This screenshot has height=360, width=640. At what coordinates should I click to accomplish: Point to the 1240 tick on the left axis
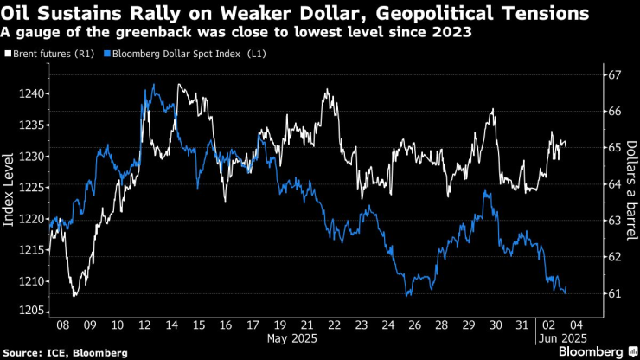(34, 93)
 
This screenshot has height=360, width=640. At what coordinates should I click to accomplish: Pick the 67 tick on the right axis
(614, 75)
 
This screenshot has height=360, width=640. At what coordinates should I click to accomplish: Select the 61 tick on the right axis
(614, 294)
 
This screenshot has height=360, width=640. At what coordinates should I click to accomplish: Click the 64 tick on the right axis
(614, 184)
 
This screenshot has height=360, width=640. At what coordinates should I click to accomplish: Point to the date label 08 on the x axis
(63, 325)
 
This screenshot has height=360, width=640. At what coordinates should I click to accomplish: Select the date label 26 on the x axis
(415, 325)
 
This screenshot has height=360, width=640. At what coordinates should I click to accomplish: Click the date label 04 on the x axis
(575, 325)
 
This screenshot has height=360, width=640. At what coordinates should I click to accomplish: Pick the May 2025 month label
(291, 337)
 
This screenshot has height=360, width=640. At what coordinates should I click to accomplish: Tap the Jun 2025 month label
(564, 337)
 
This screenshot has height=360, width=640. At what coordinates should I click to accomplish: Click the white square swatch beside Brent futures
(8, 54)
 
